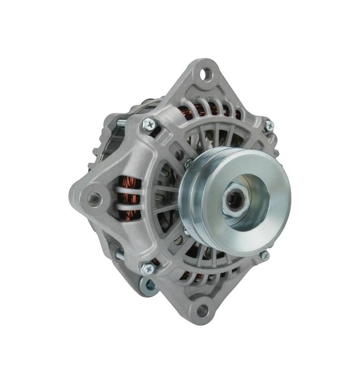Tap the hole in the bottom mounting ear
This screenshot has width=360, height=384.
tap(202, 311)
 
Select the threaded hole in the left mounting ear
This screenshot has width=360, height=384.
tap(94, 198)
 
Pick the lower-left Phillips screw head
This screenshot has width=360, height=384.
tap(146, 268)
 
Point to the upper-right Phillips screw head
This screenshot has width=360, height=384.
tap(268, 126)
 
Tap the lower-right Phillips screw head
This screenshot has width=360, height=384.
tap(264, 256)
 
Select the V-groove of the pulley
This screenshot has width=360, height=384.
tap(194, 198)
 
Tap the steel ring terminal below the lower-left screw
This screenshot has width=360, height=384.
tap(147, 286)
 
